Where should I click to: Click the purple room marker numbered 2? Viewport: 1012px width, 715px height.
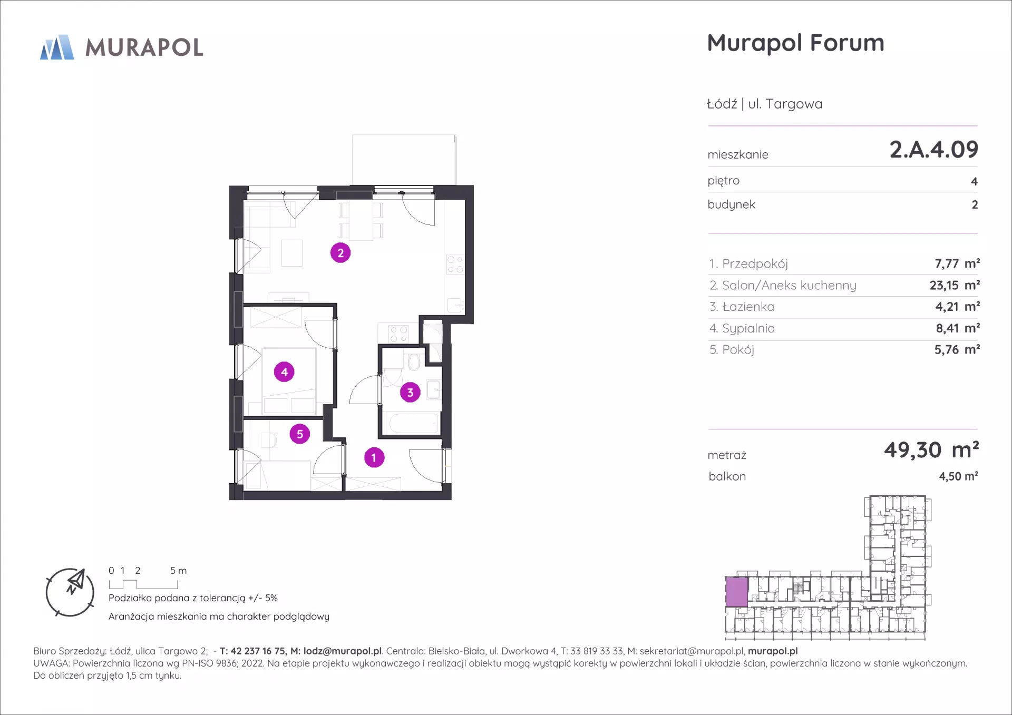[x=340, y=253]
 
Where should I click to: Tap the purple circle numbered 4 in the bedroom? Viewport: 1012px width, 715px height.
[x=284, y=372]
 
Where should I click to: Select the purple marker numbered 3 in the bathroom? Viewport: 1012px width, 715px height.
[x=410, y=392]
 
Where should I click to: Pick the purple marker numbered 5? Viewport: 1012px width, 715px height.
[x=300, y=434]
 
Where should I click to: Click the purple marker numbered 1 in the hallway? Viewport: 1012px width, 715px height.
[x=374, y=457]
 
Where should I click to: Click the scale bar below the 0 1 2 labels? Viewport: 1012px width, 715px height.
[x=143, y=584]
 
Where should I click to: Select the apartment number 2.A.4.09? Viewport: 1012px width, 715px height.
[x=933, y=150]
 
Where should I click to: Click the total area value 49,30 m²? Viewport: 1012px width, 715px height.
[x=931, y=450]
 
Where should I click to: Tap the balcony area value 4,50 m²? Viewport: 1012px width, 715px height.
[x=958, y=476]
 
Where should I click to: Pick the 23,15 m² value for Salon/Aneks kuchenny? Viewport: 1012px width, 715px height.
[x=955, y=285]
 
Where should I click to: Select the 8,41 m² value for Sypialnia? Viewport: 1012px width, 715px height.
[x=958, y=328]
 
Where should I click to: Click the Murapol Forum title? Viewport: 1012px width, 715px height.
[x=795, y=43]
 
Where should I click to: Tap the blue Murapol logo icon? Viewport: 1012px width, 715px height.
[x=57, y=47]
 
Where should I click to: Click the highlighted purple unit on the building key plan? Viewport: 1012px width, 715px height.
[x=736, y=592]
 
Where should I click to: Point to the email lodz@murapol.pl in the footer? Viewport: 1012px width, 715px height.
[x=343, y=651]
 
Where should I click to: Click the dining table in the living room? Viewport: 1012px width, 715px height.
[x=361, y=220]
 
